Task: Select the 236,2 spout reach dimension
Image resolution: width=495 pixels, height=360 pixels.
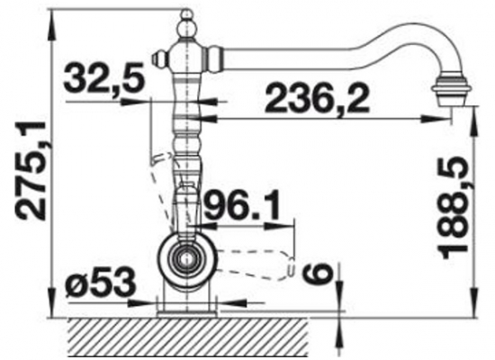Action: click(x=318, y=97)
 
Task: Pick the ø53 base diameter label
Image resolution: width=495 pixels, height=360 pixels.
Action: click(x=101, y=283)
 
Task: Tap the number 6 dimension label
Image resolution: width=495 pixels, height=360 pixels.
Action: click(x=318, y=274)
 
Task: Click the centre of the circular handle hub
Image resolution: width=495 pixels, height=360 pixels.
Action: click(x=187, y=259)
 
